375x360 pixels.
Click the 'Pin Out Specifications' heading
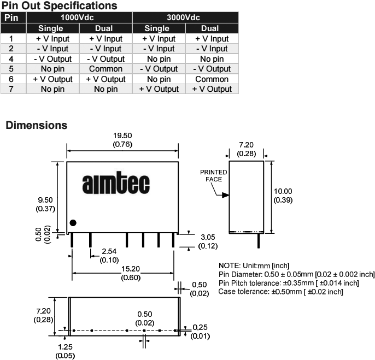tap(60, 5)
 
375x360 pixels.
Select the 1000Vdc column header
tap(76, 17)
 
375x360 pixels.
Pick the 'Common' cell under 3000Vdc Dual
tap(212, 79)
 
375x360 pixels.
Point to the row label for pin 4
tap(11, 59)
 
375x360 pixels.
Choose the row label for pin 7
tap(11, 89)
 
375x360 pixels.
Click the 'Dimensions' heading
tap(36, 125)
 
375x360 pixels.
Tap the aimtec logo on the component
tap(116, 184)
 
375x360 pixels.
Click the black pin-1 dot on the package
tap(73, 223)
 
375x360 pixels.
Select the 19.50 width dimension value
tap(122, 135)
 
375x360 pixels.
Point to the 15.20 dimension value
tap(122, 269)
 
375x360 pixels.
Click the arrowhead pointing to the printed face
tap(225, 194)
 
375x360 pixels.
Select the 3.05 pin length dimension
tap(209, 238)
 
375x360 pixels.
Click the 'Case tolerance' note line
tap(280, 292)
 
